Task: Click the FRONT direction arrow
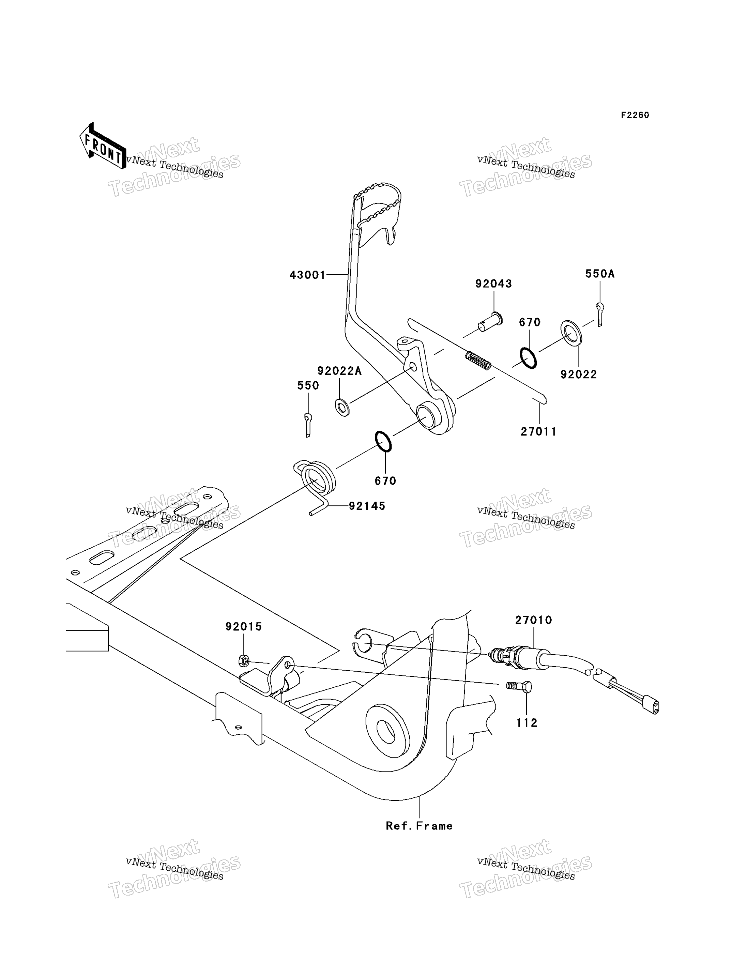point(102,146)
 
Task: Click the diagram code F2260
point(635,115)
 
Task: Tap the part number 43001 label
point(308,275)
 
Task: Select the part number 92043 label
point(493,284)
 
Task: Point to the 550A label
point(600,274)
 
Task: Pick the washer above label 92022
point(571,332)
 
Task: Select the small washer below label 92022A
point(342,407)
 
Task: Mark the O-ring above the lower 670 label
point(383,441)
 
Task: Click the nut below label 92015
point(243,661)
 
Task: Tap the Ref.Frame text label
point(419,826)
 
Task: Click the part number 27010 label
point(534,620)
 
